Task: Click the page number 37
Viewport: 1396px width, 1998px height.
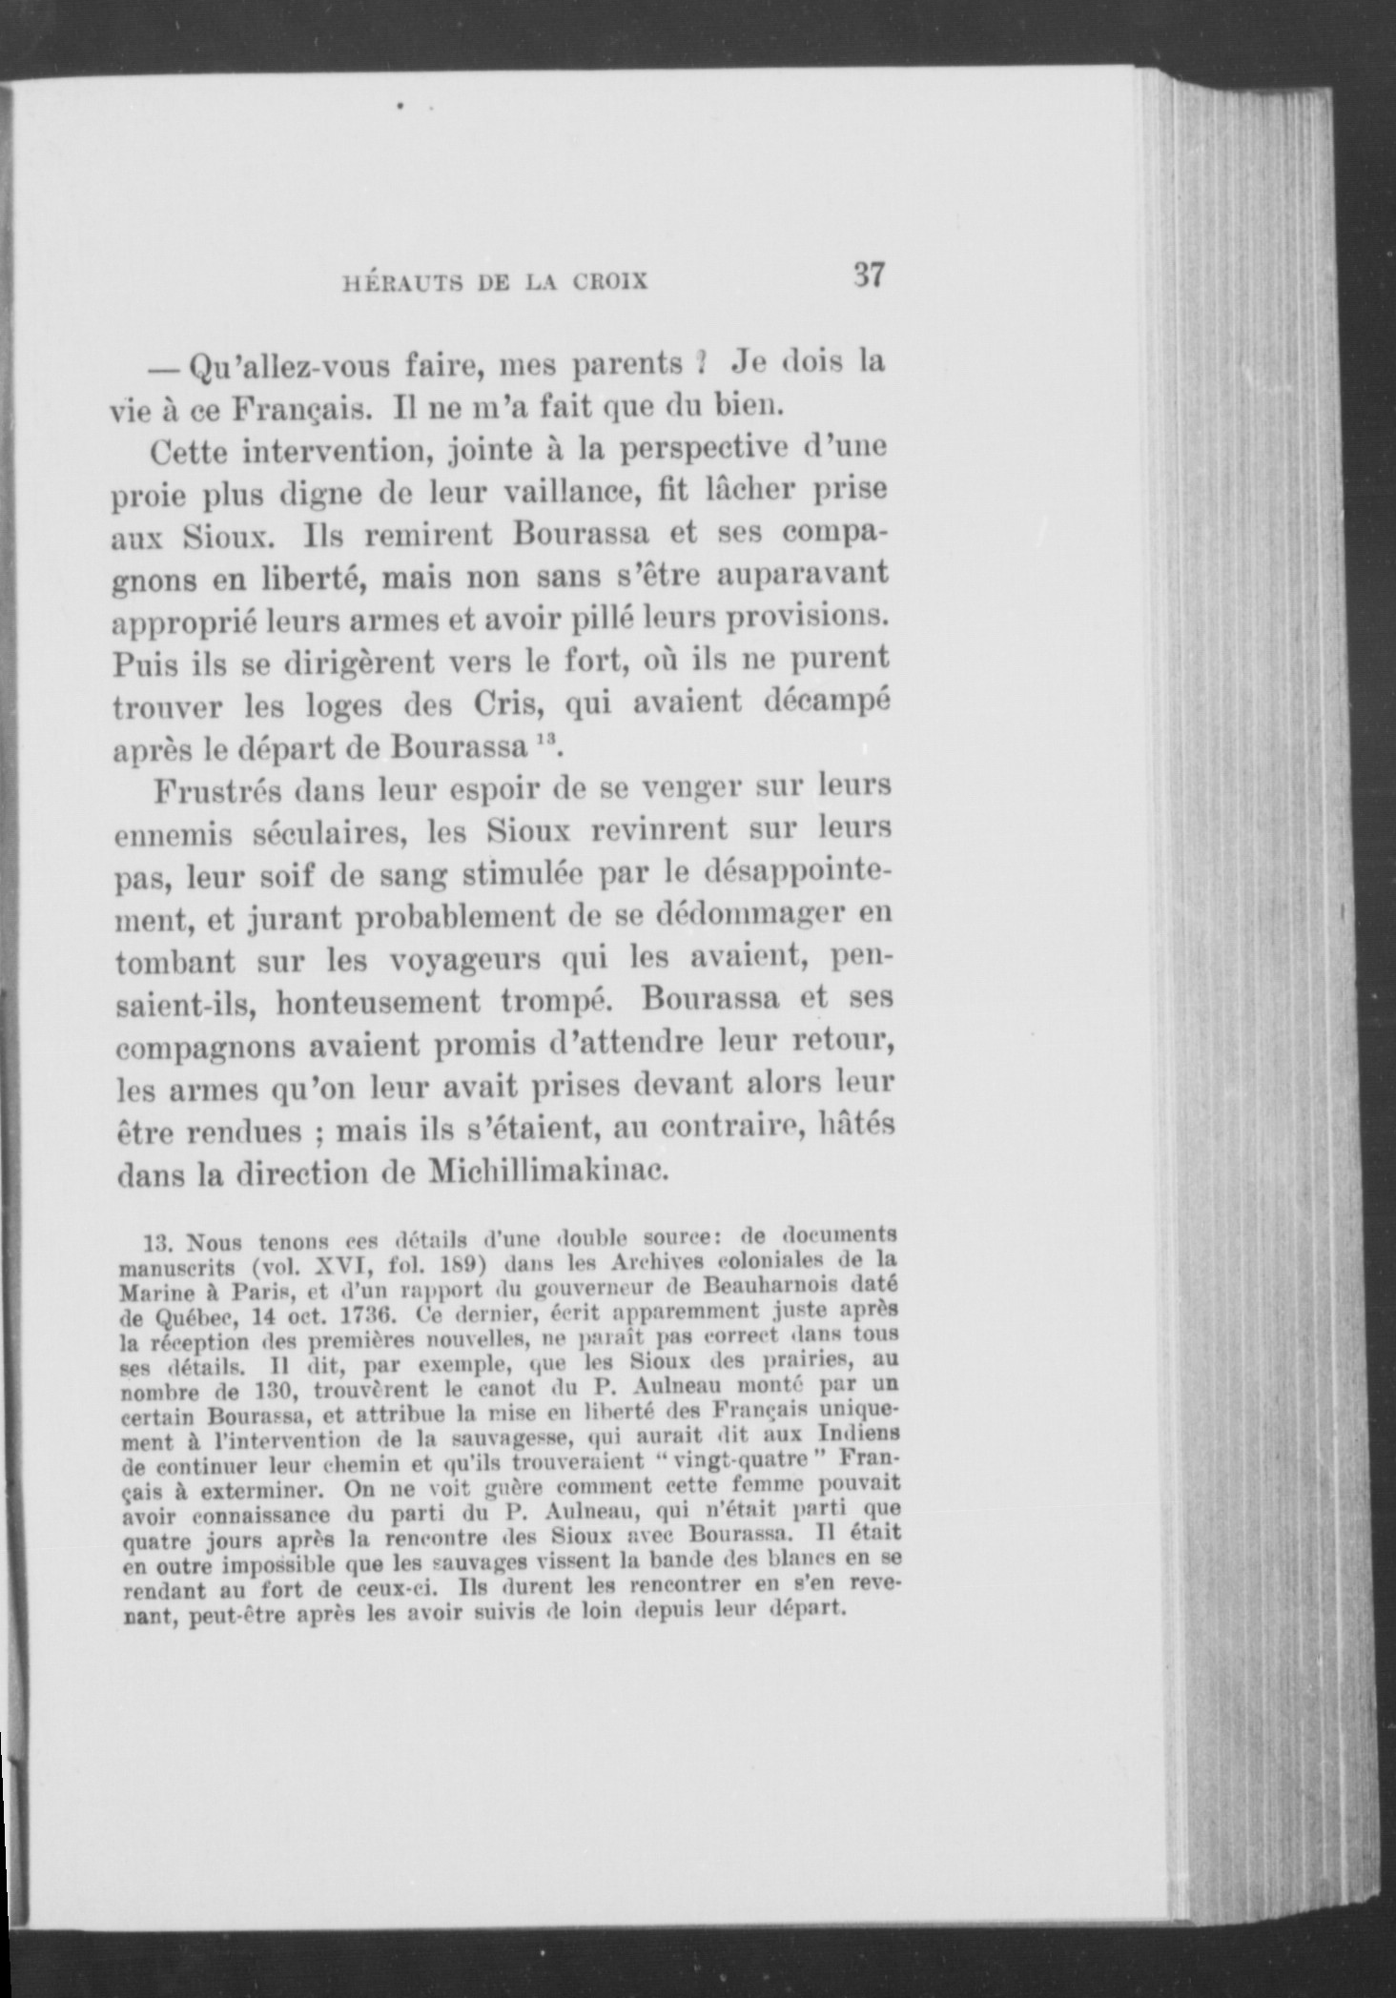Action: [870, 276]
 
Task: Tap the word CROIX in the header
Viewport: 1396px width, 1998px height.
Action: [610, 282]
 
